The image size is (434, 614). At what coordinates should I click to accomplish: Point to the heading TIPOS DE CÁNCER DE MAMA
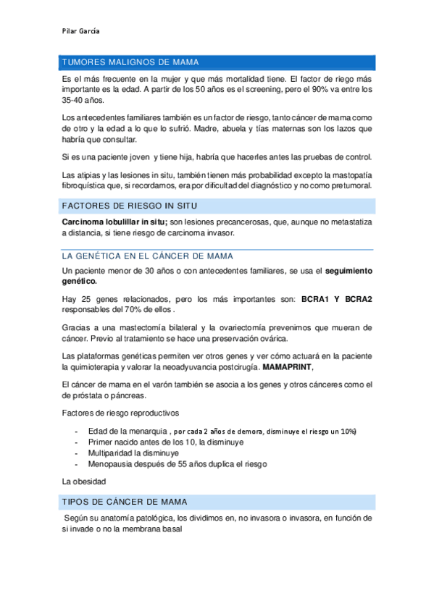(x=125, y=501)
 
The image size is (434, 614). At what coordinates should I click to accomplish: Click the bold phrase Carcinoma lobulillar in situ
(x=114, y=221)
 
